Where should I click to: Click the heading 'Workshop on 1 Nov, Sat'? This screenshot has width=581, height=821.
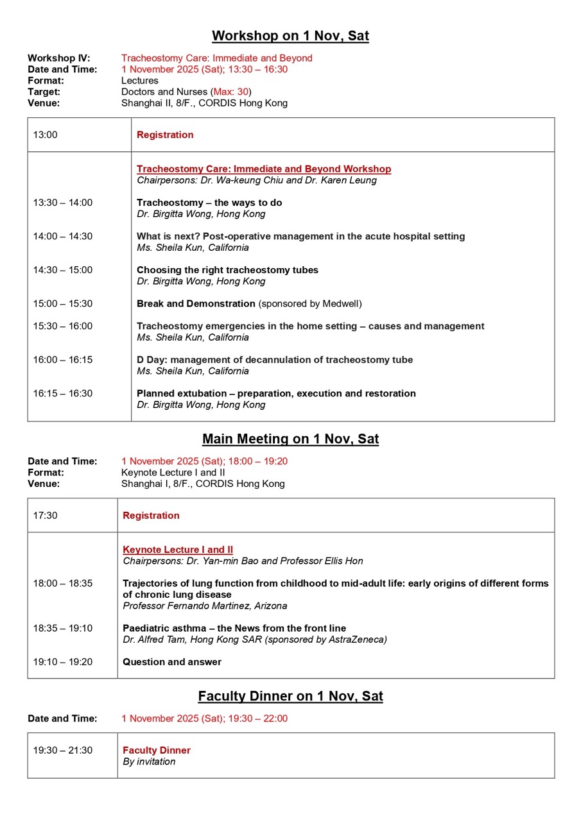coord(290,36)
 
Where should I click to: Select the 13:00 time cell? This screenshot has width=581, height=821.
coord(45,135)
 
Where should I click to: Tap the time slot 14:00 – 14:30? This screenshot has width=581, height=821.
coord(62,236)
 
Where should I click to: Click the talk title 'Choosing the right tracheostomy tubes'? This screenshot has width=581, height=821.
coord(227,270)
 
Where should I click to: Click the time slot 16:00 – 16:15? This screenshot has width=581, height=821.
coord(62,360)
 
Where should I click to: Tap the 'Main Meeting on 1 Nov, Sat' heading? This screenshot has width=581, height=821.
coord(290,439)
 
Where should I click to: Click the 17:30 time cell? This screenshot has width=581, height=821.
coord(45,516)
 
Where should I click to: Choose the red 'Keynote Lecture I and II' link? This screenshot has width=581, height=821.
coord(178,550)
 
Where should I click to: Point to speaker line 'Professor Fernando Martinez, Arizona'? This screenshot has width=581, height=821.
coord(205,606)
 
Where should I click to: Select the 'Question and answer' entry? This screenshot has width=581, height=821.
coord(172,662)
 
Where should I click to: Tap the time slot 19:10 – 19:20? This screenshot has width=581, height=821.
coord(62,662)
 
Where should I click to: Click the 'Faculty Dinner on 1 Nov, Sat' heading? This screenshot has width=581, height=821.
coord(290,697)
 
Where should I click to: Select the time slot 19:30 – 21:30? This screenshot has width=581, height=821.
coord(62,750)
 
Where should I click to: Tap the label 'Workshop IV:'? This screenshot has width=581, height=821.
coord(58,58)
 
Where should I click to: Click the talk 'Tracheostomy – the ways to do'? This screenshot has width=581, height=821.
coord(209,203)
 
